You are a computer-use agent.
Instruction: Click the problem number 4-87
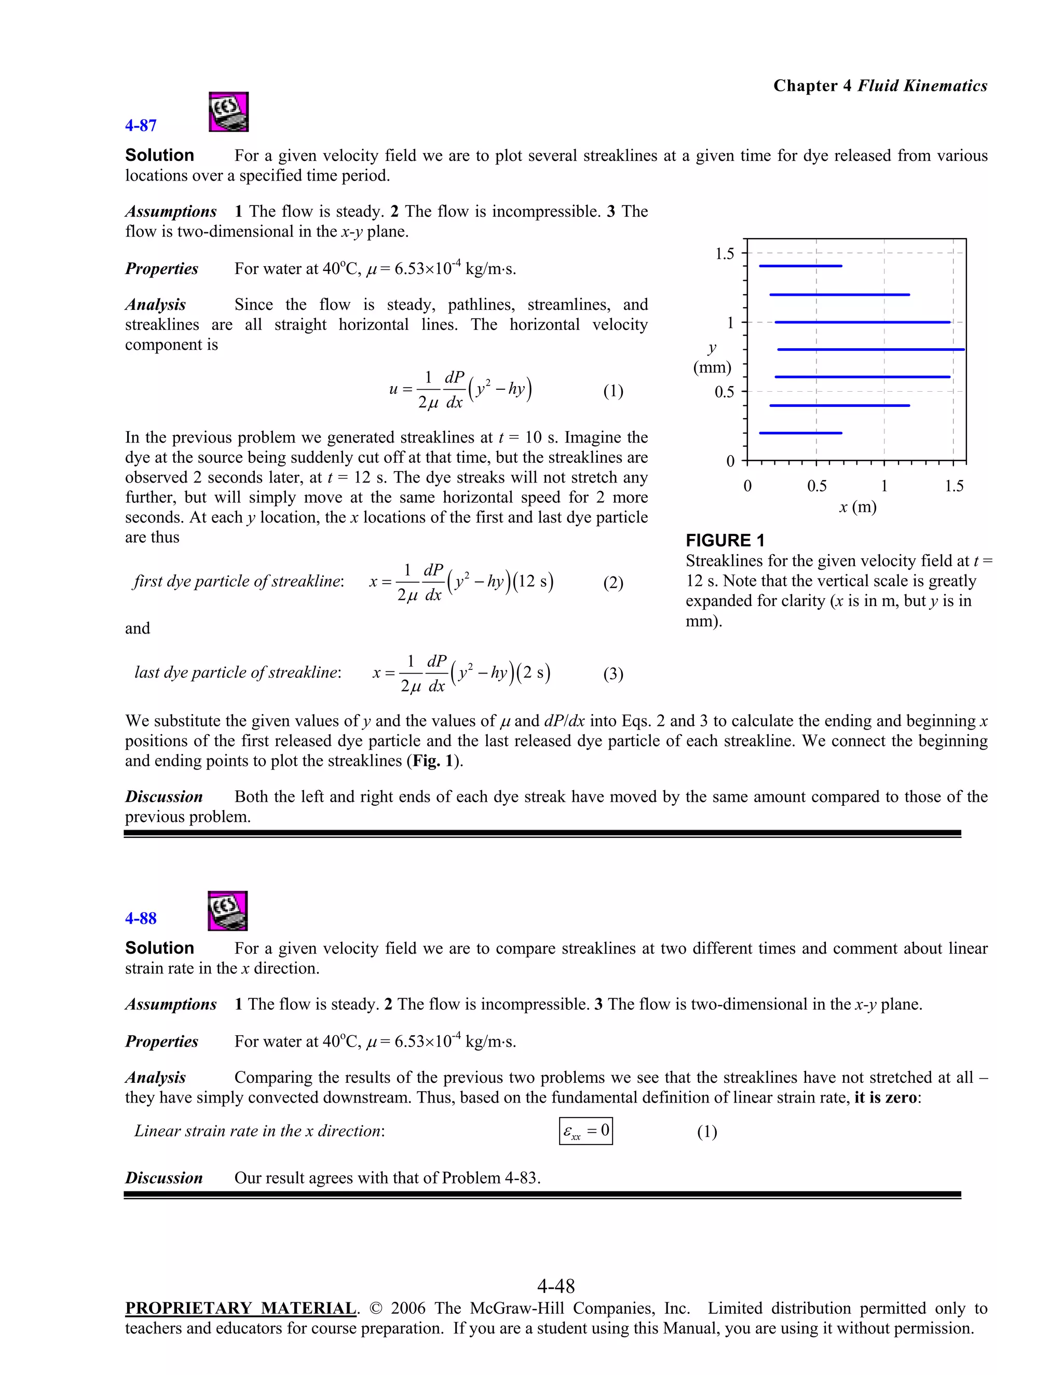click(141, 125)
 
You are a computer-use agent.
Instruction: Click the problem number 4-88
click(141, 918)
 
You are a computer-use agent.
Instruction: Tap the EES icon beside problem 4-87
click(228, 112)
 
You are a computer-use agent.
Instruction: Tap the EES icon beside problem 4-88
click(227, 911)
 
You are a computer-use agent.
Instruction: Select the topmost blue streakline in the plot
click(800, 266)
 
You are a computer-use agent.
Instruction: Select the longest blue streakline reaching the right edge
click(870, 349)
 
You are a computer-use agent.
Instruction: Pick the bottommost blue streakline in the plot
click(800, 433)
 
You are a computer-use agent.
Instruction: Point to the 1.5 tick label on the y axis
click(724, 254)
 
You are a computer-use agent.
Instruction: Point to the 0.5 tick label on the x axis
click(817, 486)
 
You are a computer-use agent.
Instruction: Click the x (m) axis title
click(857, 507)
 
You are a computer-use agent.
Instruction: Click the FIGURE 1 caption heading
click(725, 540)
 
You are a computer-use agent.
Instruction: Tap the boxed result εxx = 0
click(585, 1131)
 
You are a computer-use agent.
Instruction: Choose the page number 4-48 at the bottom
click(555, 1286)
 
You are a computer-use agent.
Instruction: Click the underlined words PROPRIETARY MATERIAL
click(240, 1308)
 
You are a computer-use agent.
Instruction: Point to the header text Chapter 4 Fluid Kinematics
click(880, 86)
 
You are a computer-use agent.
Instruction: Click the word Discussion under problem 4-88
click(163, 1178)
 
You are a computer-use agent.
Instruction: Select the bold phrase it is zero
click(885, 1097)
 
